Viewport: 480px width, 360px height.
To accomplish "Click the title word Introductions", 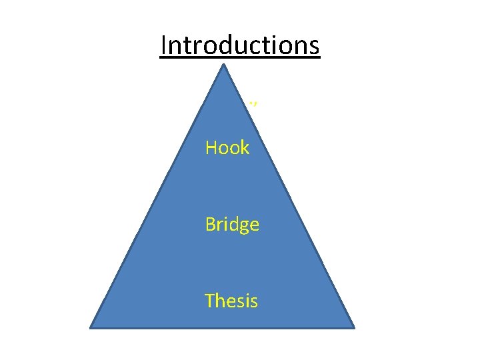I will coord(240,45).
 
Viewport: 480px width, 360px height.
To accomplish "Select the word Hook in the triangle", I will coord(227,147).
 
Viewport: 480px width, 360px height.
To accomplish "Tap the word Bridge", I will coord(232,225).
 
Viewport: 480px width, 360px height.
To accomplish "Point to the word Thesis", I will coord(231,301).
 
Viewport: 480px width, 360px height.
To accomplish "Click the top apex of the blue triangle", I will coord(224,65).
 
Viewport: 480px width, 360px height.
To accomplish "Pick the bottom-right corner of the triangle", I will coord(353,327).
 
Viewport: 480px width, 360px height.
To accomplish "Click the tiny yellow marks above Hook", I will coord(253,103).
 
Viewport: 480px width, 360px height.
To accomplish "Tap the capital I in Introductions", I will coord(164,45).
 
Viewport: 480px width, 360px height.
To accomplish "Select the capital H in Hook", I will coord(212,147).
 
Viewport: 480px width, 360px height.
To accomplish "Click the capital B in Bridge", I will coord(211,225).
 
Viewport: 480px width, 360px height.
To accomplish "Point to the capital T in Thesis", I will coord(210,301).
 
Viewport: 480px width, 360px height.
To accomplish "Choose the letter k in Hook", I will coord(245,147).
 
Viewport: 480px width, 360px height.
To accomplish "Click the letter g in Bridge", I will coord(245,227).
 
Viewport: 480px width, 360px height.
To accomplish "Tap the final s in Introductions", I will coord(315,47).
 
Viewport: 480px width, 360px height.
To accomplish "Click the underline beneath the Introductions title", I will coord(240,59).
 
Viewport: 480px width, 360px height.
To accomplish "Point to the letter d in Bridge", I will coord(234,225).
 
